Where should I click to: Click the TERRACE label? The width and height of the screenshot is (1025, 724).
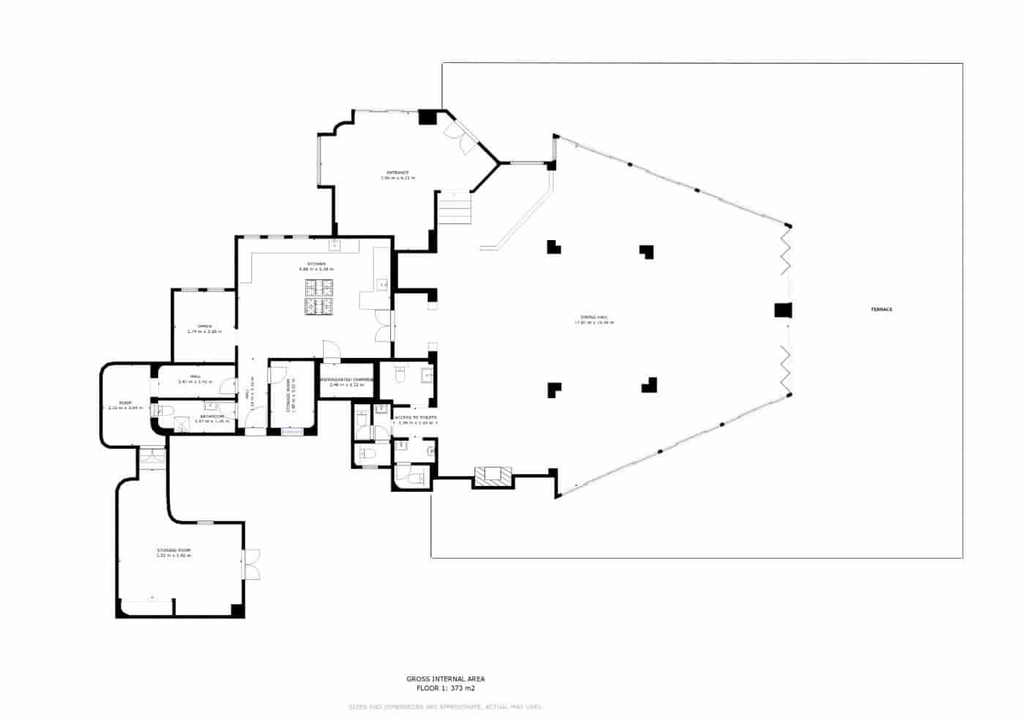click(881, 310)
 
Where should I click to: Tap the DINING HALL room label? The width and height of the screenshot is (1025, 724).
click(594, 318)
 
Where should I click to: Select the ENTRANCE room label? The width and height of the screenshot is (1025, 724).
click(398, 173)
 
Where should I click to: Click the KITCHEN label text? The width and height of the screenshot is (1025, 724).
click(316, 264)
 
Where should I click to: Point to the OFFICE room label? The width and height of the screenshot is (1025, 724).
click(204, 326)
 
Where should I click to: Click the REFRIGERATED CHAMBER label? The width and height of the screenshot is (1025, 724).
click(347, 380)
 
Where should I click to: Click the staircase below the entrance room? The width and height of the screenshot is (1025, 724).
click(455, 207)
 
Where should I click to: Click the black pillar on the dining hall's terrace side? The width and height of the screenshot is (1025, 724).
click(783, 310)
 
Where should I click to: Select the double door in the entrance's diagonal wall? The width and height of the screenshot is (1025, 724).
click(461, 136)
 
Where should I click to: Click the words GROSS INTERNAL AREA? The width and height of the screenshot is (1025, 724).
click(445, 679)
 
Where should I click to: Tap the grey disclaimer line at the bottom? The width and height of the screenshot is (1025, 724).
click(445, 707)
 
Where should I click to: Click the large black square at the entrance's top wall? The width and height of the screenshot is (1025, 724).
click(427, 117)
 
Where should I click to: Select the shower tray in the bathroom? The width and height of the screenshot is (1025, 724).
click(182, 422)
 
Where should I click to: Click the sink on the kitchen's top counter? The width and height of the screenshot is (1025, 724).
click(335, 244)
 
